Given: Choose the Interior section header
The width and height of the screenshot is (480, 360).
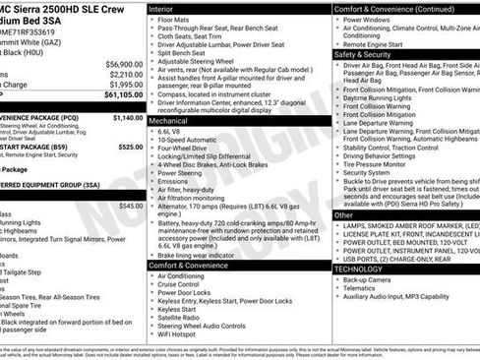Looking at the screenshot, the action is point(161,7).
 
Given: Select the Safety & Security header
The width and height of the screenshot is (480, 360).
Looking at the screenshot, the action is point(365,54).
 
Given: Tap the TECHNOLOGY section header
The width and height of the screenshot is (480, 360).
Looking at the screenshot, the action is point(358,268).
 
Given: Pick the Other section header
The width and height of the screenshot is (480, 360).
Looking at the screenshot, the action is point(344,214).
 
